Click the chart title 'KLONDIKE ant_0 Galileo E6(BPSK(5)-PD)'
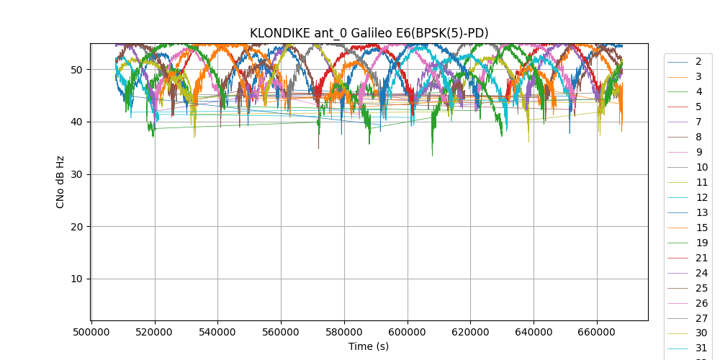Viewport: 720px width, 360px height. coord(369,33)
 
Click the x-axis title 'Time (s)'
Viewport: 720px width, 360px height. coord(369,346)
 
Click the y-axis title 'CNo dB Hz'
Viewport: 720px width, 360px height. coord(60,182)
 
